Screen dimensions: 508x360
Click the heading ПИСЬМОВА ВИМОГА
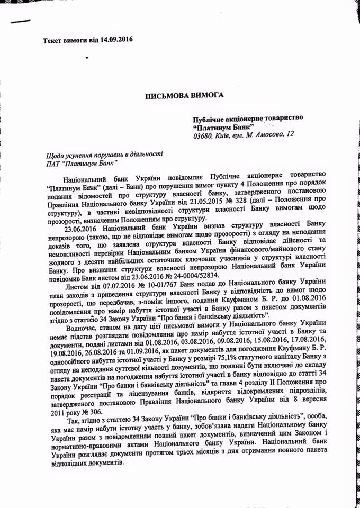point(182,95)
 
